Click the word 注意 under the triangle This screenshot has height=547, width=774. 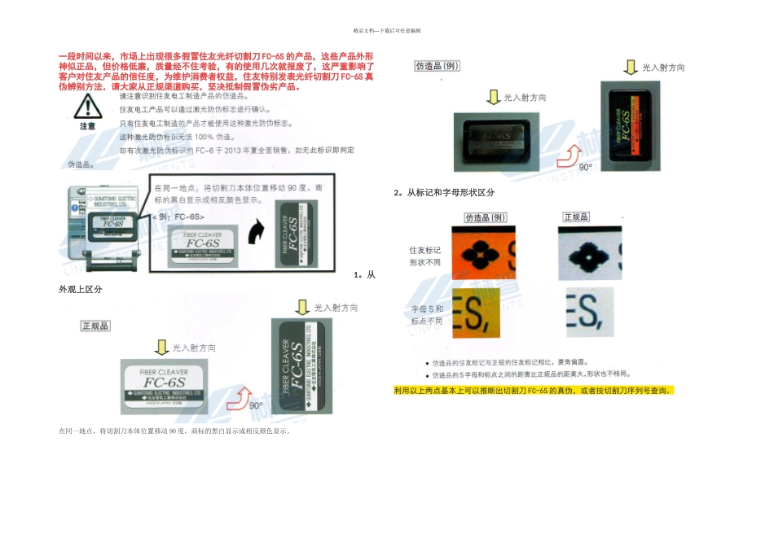tap(87, 126)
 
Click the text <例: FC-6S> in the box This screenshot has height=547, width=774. tap(178, 217)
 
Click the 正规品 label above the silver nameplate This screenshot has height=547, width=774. tap(95, 326)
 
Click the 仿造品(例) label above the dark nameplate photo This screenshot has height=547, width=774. tap(438, 66)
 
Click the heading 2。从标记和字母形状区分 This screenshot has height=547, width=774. tap(444, 192)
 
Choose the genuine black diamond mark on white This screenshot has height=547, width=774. tap(590, 252)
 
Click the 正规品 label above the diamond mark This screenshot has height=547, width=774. tap(576, 217)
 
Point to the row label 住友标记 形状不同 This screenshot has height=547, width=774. tap(424, 256)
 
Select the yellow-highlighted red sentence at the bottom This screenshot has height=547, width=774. tap(534, 390)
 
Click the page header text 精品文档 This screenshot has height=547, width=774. tap(386, 30)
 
